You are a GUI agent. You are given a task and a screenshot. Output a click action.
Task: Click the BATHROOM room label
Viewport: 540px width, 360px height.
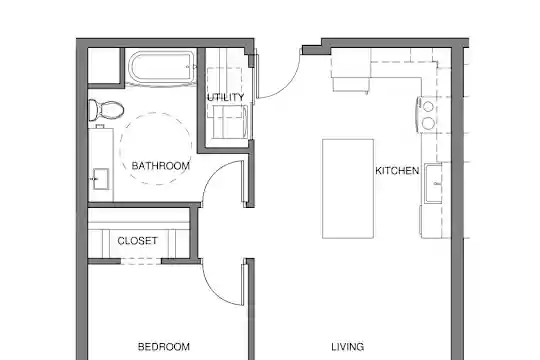160,166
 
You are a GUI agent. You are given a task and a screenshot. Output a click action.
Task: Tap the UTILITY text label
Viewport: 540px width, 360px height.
226,97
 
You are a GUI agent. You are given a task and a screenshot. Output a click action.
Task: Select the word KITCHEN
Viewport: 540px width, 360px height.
397,171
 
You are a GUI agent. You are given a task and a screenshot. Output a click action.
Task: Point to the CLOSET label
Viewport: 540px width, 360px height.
137,240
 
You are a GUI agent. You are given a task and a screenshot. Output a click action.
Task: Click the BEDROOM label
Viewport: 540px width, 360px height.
164,347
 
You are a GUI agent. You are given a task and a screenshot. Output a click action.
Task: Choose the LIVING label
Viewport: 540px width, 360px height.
347,347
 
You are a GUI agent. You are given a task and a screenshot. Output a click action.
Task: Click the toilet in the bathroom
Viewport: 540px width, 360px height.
106,110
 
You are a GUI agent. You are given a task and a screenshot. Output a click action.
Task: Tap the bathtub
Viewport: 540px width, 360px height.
161,68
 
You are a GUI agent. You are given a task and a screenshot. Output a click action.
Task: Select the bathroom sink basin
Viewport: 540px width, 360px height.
101,179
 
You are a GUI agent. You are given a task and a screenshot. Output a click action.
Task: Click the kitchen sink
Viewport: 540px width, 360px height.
433,184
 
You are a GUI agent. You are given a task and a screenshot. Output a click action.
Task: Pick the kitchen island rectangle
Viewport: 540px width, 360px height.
348,188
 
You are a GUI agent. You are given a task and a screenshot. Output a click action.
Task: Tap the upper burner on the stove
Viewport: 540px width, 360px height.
428,107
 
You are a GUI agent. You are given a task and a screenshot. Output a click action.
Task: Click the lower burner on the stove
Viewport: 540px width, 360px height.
428,123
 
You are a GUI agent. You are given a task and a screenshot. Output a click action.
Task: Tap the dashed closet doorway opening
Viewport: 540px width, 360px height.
141,261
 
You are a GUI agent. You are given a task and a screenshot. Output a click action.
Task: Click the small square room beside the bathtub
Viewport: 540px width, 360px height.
104,65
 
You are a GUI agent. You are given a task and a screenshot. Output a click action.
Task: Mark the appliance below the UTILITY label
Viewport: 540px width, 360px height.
230,122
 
